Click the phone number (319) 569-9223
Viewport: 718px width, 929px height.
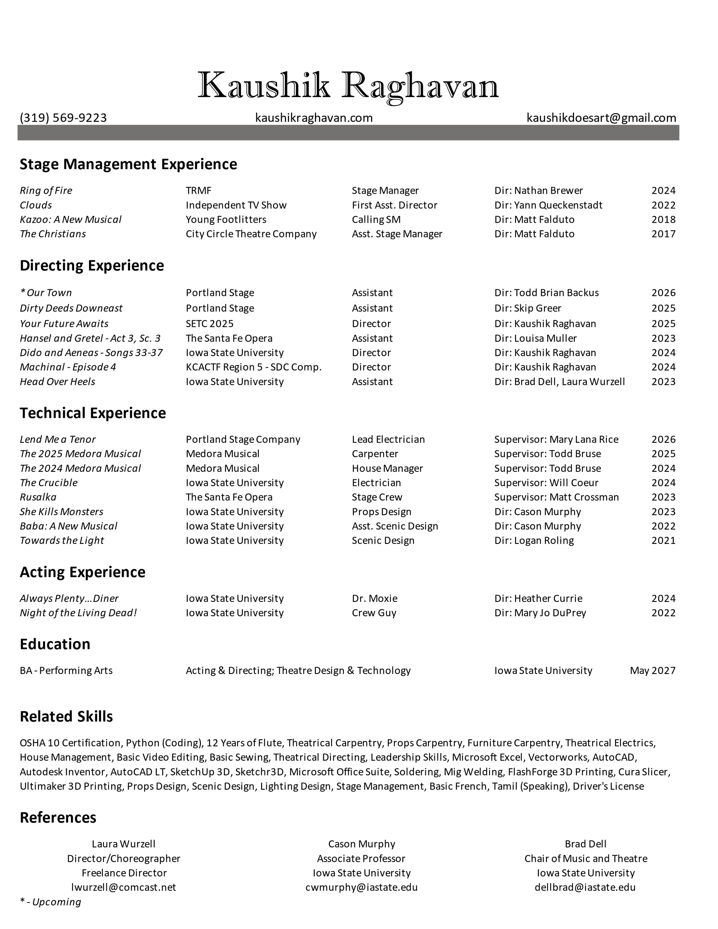[63, 118]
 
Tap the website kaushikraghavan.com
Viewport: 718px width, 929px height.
[314, 118]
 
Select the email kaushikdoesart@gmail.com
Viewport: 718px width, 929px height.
[601, 118]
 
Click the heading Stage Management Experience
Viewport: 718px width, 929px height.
[128, 164]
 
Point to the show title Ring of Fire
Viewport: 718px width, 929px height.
[46, 191]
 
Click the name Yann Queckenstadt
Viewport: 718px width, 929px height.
[558, 205]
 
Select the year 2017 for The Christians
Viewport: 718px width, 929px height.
[663, 234]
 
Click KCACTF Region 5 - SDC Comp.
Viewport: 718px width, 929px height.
[254, 367]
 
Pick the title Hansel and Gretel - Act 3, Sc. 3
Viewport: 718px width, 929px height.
[90, 338]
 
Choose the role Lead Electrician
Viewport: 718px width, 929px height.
[388, 439]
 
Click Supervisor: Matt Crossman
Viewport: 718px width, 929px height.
[556, 497]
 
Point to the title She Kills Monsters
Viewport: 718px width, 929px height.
[62, 512]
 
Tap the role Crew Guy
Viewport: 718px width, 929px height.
[374, 613]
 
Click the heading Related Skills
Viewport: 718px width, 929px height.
[66, 717]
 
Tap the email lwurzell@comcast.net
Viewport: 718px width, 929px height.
[123, 887]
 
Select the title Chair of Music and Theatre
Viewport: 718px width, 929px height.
[586, 858]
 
